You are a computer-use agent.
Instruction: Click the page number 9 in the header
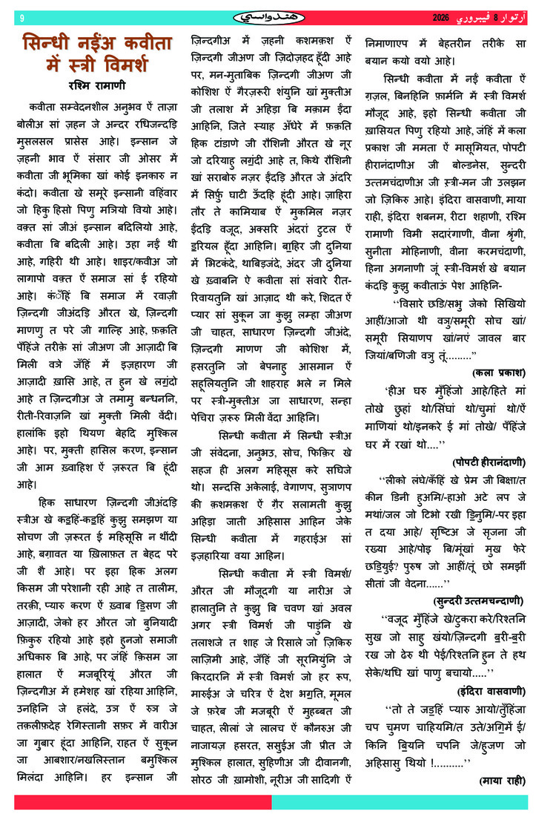point(22,17)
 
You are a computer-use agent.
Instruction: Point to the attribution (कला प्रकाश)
point(497,370)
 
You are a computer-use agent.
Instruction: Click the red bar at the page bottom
point(141,802)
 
